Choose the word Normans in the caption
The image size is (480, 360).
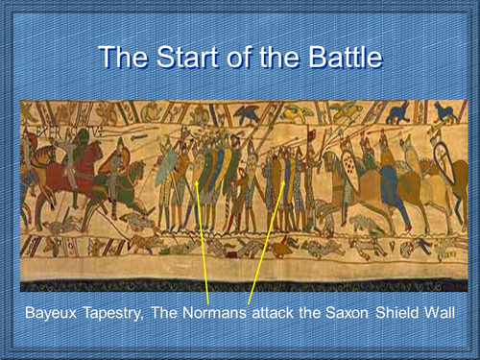[225, 313]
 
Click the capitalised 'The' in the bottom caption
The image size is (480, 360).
[177, 313]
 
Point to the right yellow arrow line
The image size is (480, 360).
[264, 230]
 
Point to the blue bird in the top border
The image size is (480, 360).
[444, 113]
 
